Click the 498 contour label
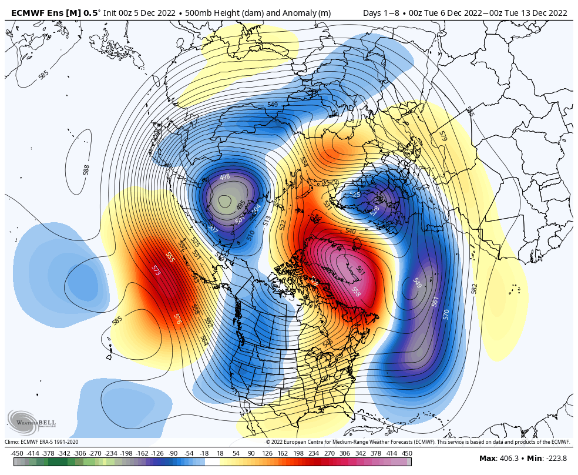pyautogui.click(x=224, y=177)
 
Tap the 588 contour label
pyautogui.click(x=86, y=170)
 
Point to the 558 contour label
pyautogui.click(x=356, y=291)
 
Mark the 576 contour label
pyautogui.click(x=177, y=319)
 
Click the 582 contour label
pyautogui.click(x=474, y=288)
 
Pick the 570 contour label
pyautogui.click(x=446, y=314)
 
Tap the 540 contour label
pyautogui.click(x=350, y=232)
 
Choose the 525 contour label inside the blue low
pyautogui.click(x=355, y=195)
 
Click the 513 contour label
pyautogui.click(x=267, y=220)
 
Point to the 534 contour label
pyautogui.click(x=304, y=161)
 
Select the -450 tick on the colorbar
pyautogui.click(x=17, y=453)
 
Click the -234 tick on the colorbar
pyautogui.click(x=110, y=453)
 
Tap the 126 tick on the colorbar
pyautogui.click(x=267, y=453)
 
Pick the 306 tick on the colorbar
pyautogui.click(x=345, y=453)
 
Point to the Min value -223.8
pyautogui.click(x=555, y=459)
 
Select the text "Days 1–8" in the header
pyautogui.click(x=380, y=13)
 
